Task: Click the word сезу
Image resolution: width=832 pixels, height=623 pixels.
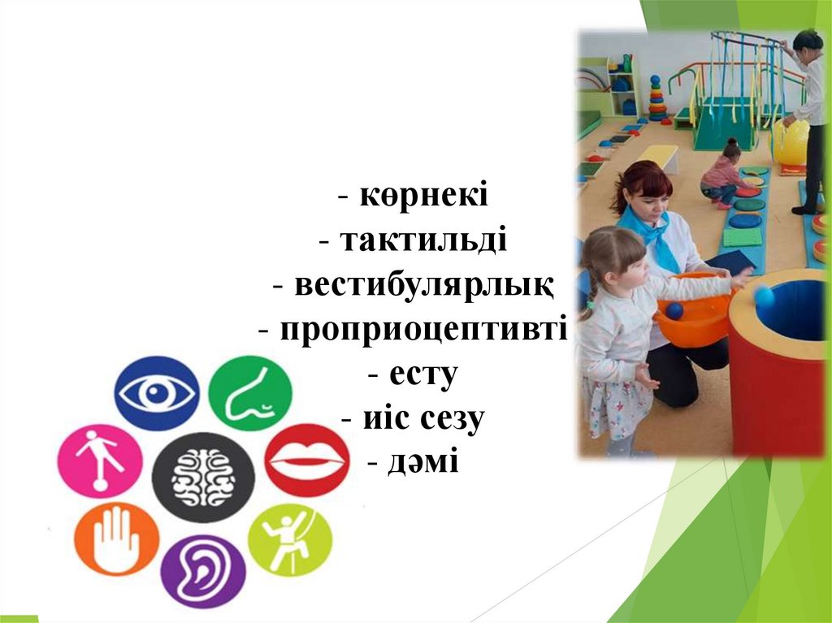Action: point(453,418)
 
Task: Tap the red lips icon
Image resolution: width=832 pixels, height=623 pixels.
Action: point(307,460)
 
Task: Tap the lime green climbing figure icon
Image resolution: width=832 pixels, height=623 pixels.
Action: point(290,539)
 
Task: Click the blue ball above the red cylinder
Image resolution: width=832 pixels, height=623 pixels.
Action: point(764,296)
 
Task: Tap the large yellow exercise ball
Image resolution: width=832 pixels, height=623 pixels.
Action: point(790,141)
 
